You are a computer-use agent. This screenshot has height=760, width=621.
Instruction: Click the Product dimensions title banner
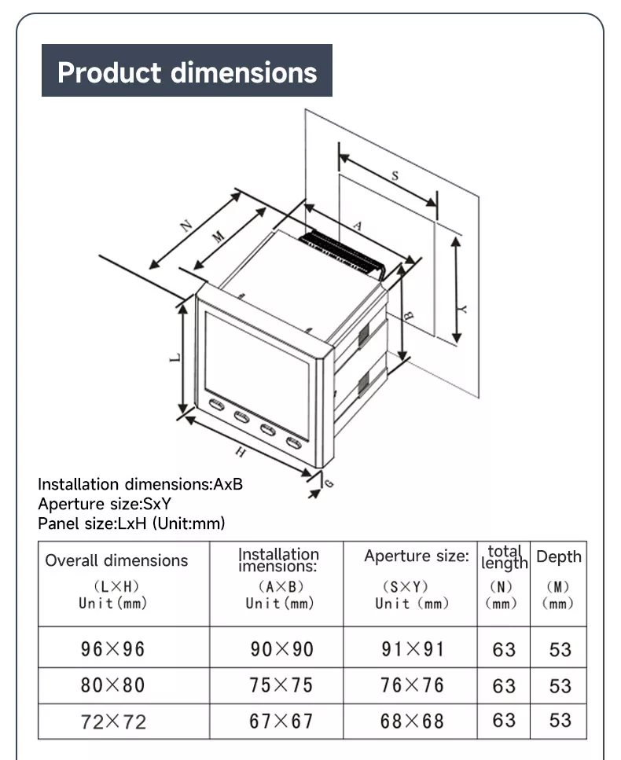coord(187,72)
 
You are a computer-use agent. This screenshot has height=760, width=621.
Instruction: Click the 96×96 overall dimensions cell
coord(113,649)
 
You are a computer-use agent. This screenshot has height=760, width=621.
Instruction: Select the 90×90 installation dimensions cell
coord(281,649)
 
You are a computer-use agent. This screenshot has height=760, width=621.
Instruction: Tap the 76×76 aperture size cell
coord(412,685)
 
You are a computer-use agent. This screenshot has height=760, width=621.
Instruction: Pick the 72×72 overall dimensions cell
coord(113,721)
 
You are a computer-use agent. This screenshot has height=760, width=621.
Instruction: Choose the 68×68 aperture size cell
coord(412,721)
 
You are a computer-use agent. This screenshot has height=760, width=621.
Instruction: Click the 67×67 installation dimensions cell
coord(281,721)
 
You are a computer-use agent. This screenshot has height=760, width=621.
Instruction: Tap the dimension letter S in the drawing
coord(395,176)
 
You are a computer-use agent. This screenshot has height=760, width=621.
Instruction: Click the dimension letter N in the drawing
coord(186,226)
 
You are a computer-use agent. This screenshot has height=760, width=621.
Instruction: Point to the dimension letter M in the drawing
coord(219,236)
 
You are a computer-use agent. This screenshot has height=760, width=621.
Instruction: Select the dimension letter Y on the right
coord(463,310)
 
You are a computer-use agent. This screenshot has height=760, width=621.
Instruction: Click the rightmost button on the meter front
coord(294,442)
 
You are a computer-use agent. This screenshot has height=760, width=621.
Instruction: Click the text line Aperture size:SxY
coord(104,504)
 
